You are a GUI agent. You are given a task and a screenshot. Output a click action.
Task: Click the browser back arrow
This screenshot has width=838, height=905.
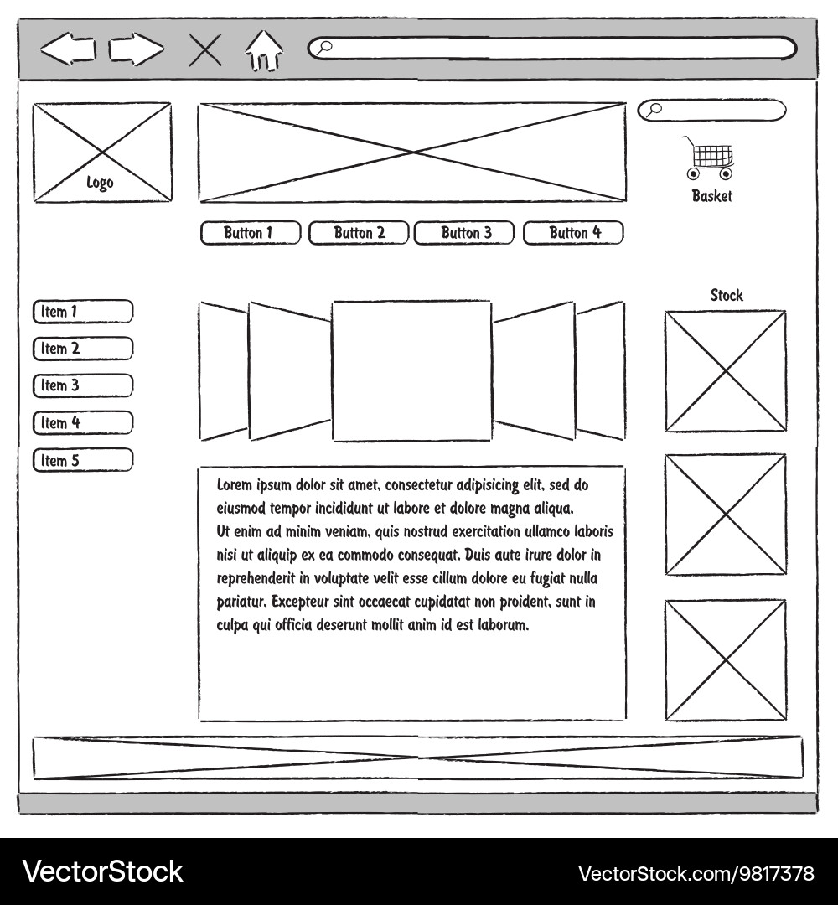68,49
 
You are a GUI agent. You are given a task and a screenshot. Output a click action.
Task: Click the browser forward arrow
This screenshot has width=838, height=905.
137,49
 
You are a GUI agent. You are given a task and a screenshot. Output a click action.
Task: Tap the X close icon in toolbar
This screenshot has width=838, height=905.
205,50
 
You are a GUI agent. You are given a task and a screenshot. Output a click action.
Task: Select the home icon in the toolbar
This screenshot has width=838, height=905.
264,51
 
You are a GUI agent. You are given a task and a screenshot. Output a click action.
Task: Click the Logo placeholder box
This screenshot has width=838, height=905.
102,153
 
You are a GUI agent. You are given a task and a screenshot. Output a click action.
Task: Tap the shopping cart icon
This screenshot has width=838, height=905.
709,158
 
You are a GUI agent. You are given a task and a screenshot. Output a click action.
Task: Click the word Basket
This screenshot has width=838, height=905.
711,196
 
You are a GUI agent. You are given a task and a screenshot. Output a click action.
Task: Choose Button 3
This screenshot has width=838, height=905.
464,233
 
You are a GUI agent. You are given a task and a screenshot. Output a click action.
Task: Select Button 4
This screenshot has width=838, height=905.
573,233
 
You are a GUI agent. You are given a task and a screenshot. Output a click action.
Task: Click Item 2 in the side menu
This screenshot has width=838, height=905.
83,349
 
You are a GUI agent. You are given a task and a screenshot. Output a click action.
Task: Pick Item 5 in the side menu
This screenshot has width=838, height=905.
83,460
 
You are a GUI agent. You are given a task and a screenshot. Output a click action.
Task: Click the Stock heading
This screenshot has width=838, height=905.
727,296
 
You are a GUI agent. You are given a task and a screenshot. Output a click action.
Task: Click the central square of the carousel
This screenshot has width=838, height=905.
412,370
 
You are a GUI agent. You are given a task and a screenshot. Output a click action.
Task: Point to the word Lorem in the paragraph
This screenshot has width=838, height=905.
235,485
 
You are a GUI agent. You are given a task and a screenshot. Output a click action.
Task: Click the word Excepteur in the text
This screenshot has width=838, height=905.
297,602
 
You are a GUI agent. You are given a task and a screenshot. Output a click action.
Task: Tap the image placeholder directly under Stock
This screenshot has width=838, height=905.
726,371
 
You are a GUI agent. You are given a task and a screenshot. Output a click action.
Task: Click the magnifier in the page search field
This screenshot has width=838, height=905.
653,110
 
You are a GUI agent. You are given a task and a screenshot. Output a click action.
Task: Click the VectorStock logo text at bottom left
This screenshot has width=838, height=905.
103,871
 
